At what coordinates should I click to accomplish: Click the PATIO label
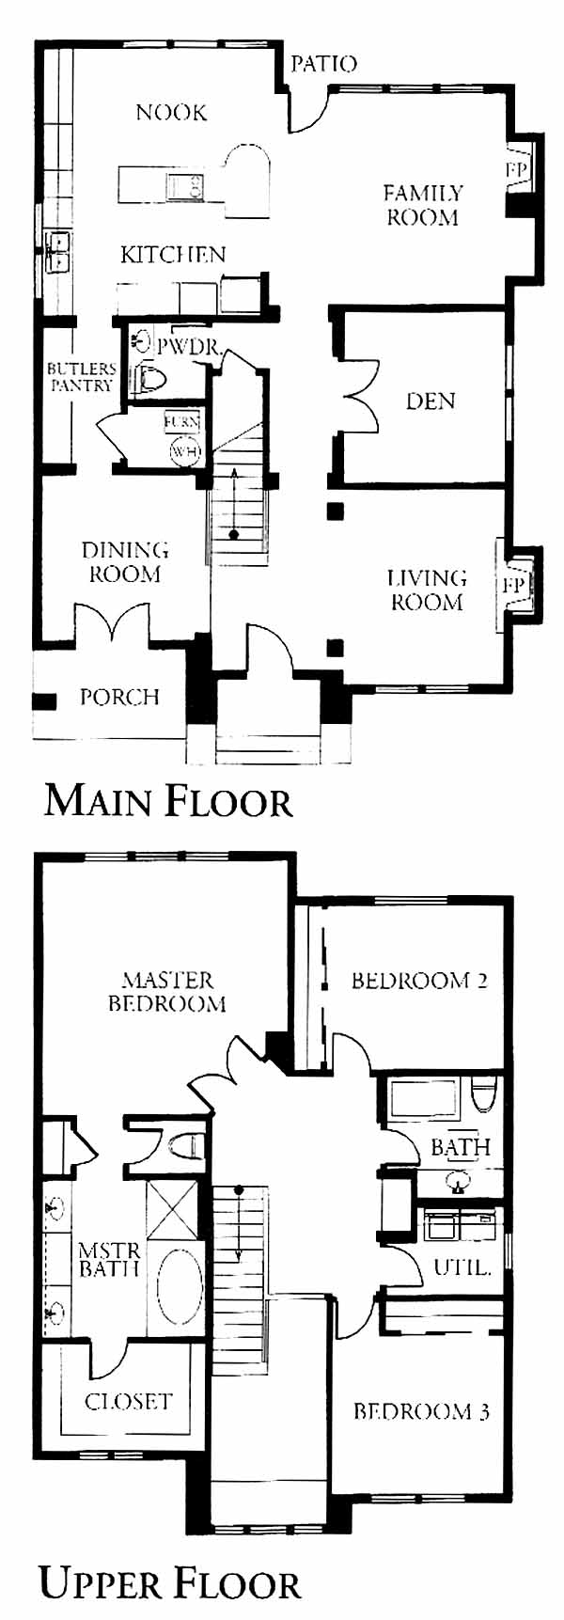click(x=323, y=64)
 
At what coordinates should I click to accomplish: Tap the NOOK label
click(x=171, y=113)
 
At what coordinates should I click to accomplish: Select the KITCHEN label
click(x=173, y=254)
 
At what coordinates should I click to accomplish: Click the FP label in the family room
click(x=517, y=170)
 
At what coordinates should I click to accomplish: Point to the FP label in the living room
click(x=513, y=585)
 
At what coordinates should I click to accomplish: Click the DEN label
click(x=431, y=401)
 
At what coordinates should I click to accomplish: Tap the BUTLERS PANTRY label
click(x=82, y=377)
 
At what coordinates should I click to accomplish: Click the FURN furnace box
click(x=181, y=422)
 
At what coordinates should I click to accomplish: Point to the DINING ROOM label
click(x=124, y=561)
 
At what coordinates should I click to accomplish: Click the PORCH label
click(x=119, y=698)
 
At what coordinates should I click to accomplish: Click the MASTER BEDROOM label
click(x=167, y=992)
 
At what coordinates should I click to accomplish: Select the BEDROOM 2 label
click(x=419, y=981)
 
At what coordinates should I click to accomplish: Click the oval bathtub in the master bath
click(x=179, y=1286)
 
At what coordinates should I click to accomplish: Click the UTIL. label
click(x=462, y=1267)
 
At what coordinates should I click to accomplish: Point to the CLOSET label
click(x=129, y=1401)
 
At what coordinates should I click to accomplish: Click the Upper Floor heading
click(x=170, y=1583)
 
